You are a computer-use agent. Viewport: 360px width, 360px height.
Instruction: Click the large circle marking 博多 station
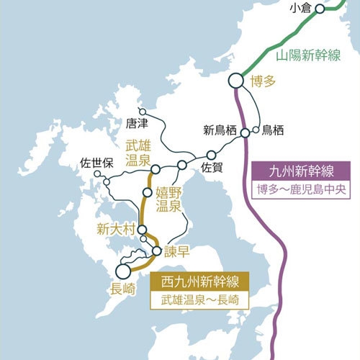[235, 82]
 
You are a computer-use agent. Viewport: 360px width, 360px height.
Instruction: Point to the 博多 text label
[263, 81]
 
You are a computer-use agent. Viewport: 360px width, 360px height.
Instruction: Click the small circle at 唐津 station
[143, 112]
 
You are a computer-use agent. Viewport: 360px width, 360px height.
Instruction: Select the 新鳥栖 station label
[219, 130]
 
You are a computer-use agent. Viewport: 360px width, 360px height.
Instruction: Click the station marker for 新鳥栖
[245, 133]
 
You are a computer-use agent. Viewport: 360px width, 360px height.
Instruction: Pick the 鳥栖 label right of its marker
[273, 130]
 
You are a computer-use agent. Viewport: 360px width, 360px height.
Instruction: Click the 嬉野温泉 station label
[168, 199]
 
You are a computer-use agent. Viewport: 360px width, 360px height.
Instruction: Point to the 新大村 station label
[115, 230]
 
